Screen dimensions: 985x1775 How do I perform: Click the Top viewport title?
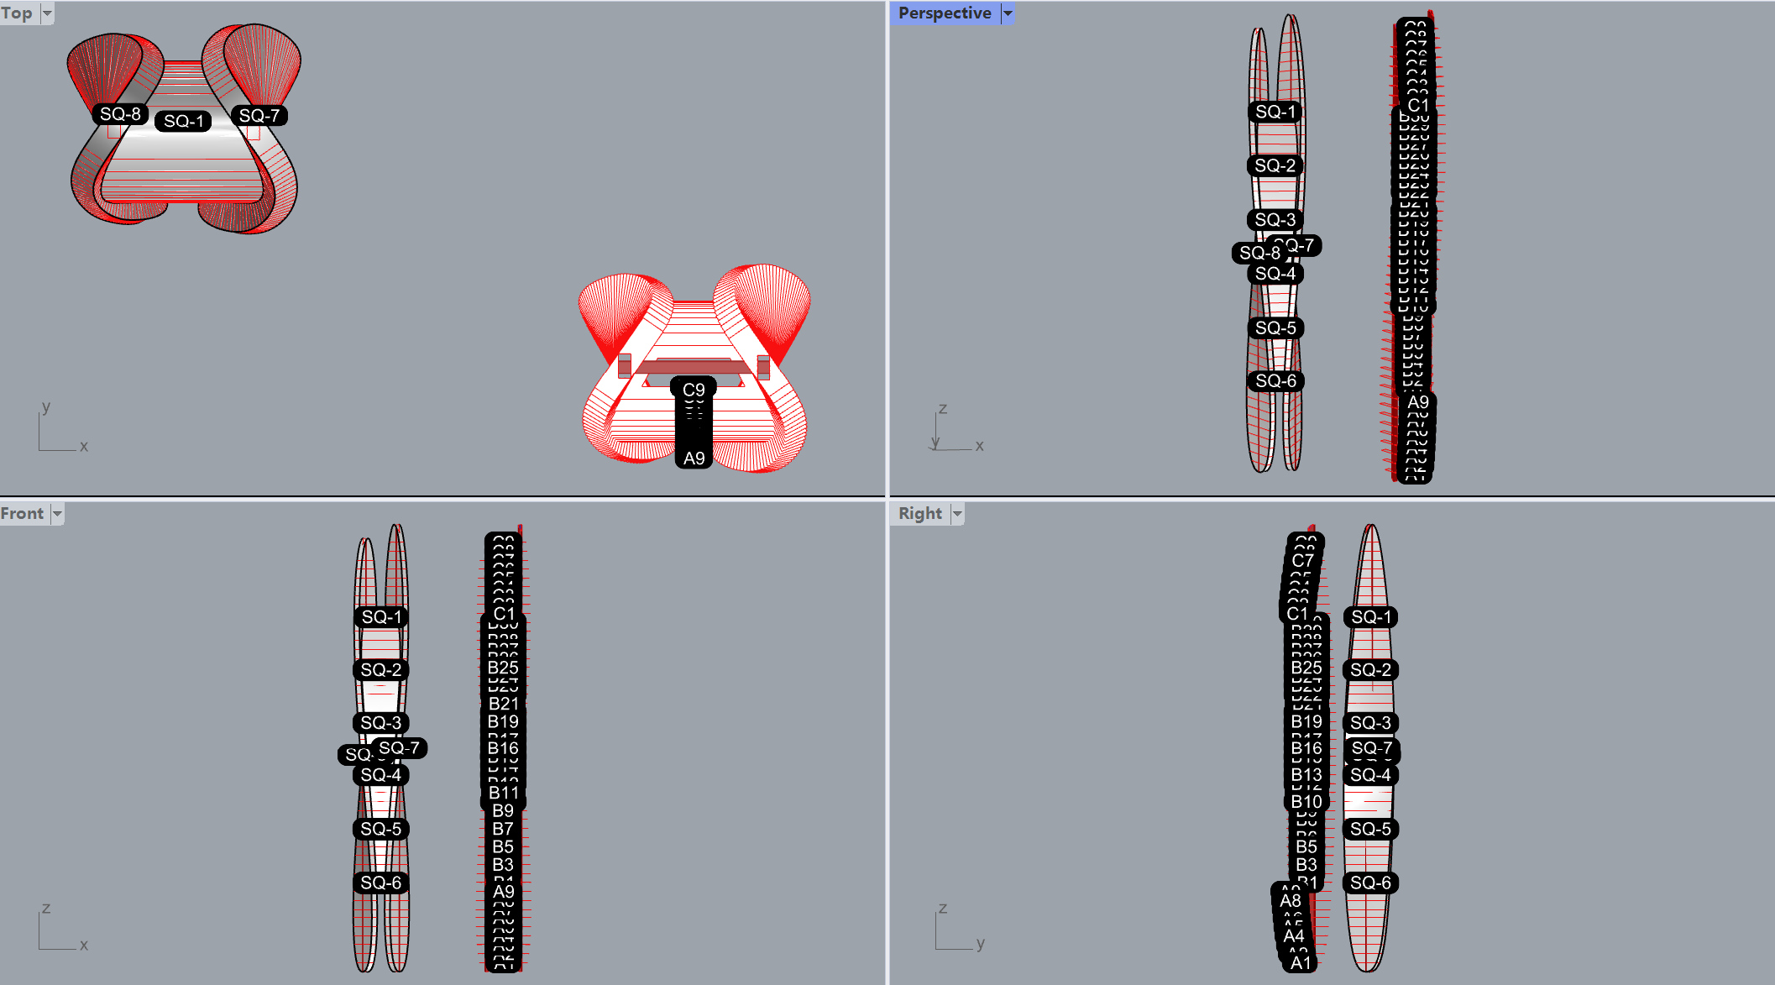(x=17, y=13)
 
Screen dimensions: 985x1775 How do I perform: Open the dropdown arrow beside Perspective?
(x=1008, y=13)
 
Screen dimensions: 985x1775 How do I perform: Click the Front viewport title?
(x=22, y=513)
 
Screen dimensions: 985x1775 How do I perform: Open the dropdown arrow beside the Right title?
(x=957, y=513)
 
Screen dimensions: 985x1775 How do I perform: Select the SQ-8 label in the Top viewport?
(x=120, y=113)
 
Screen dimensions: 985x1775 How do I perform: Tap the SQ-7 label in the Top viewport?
(x=259, y=115)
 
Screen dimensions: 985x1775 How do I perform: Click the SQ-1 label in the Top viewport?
(x=183, y=121)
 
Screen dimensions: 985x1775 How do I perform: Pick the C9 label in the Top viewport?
(x=694, y=390)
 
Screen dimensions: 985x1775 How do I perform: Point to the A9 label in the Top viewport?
(x=694, y=458)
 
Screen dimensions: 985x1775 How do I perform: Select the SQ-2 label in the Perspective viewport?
(x=1275, y=165)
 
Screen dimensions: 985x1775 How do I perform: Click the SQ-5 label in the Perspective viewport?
(x=1275, y=327)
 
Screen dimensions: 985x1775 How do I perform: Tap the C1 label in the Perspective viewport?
(x=1417, y=105)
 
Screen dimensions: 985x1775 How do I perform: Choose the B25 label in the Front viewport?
(x=503, y=668)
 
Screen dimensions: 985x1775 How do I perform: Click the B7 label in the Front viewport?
(x=503, y=829)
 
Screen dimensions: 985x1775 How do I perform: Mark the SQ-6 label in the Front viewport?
(x=380, y=883)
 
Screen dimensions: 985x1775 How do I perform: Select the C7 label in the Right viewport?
(x=1302, y=560)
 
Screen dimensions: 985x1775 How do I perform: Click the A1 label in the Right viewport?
(x=1300, y=962)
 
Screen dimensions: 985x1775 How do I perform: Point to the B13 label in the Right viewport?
(x=1306, y=774)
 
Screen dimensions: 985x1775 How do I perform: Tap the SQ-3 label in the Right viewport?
(x=1370, y=722)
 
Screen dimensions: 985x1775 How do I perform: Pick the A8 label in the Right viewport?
(x=1290, y=900)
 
